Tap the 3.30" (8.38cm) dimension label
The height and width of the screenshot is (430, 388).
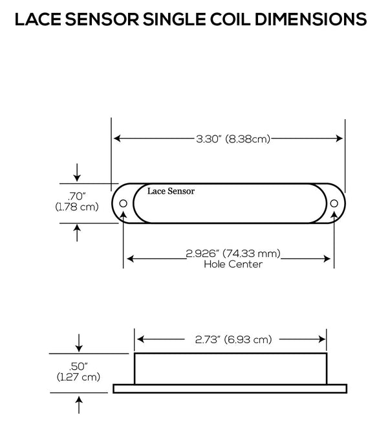pyautogui.click(x=228, y=138)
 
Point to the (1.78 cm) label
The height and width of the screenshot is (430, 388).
pyautogui.click(x=78, y=207)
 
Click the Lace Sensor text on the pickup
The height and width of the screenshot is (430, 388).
pyautogui.click(x=170, y=191)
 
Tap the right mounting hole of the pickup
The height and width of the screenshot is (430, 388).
pyautogui.click(x=334, y=203)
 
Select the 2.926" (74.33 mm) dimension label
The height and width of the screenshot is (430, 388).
pyautogui.click(x=233, y=254)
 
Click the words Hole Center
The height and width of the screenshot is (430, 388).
pyautogui.click(x=233, y=264)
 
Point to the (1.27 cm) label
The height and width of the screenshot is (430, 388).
pyautogui.click(x=78, y=376)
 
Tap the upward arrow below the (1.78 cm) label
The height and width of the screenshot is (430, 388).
pyautogui.click(x=78, y=231)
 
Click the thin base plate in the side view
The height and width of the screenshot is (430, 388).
pyautogui.click(x=230, y=389)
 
